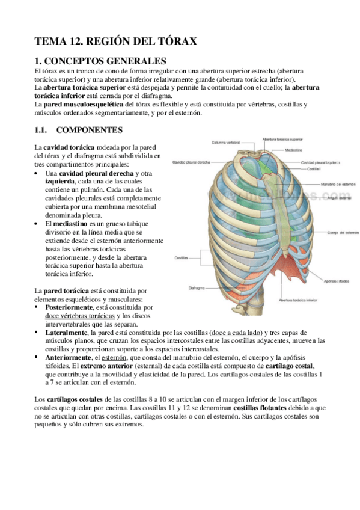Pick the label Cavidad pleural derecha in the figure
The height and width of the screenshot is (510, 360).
coord(191,162)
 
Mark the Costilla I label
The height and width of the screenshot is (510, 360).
coord(314,170)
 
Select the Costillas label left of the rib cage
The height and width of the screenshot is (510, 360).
coord(182,257)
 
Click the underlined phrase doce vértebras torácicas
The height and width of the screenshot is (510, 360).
coord(80,316)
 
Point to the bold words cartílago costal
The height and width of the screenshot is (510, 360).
coord(291,366)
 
